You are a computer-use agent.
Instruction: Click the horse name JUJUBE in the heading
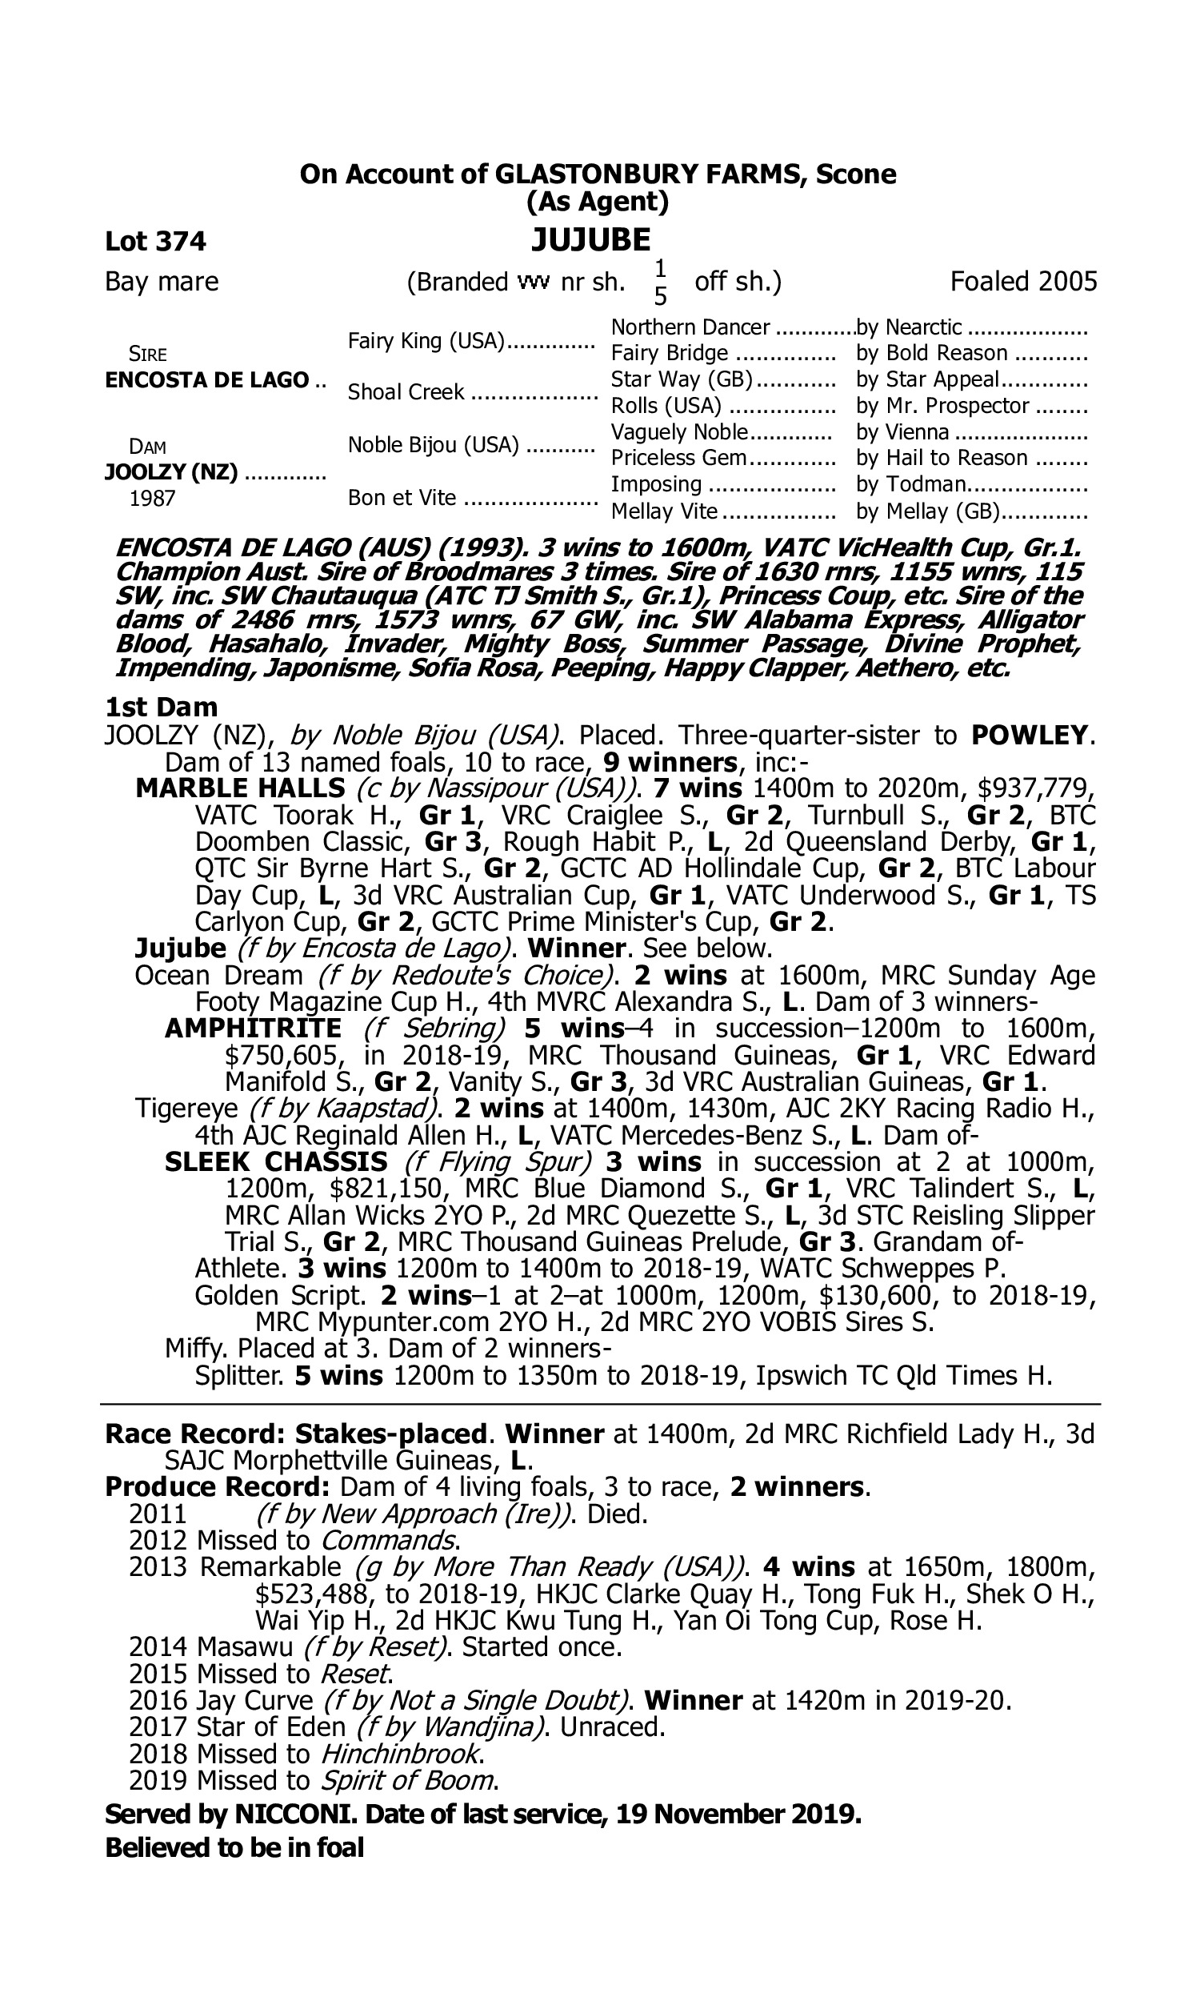tap(590, 240)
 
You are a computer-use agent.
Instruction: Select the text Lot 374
tap(155, 241)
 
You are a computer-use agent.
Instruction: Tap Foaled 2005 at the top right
tap(1023, 282)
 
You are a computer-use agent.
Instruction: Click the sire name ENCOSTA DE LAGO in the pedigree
tap(207, 380)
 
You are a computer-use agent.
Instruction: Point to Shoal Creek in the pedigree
tap(406, 392)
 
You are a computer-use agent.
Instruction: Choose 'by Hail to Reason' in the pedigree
tap(942, 458)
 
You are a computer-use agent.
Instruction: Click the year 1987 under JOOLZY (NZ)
tap(152, 499)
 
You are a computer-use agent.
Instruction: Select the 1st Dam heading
tap(161, 707)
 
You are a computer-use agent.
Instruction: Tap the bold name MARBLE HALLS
tap(240, 788)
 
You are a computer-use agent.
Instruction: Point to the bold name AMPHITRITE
tap(253, 1028)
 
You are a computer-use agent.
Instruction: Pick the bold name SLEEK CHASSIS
tap(276, 1161)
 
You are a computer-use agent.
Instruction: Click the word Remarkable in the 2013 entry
tap(270, 1566)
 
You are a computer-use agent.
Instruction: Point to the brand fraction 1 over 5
tap(660, 283)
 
